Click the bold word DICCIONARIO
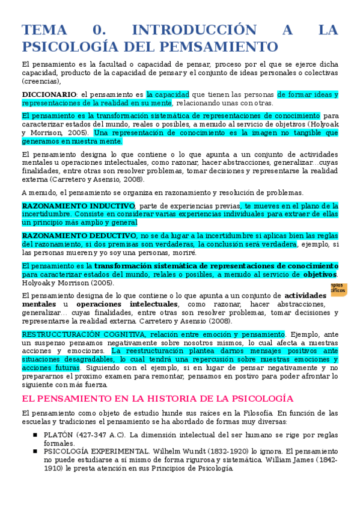(x=49, y=94)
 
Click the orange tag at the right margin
(x=336, y=288)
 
